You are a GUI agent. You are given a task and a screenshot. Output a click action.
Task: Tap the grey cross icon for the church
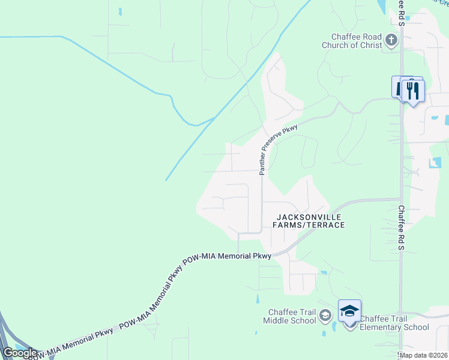click(x=391, y=40)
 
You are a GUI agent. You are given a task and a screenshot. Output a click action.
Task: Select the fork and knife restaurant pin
click(x=412, y=91)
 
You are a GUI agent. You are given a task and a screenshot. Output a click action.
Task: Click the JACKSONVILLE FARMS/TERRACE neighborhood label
click(x=310, y=221)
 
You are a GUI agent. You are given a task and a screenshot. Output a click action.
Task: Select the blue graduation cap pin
click(x=349, y=311)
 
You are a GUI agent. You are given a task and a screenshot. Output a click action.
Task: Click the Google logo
click(x=20, y=353)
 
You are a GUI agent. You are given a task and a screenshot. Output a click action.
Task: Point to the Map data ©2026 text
click(x=423, y=355)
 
